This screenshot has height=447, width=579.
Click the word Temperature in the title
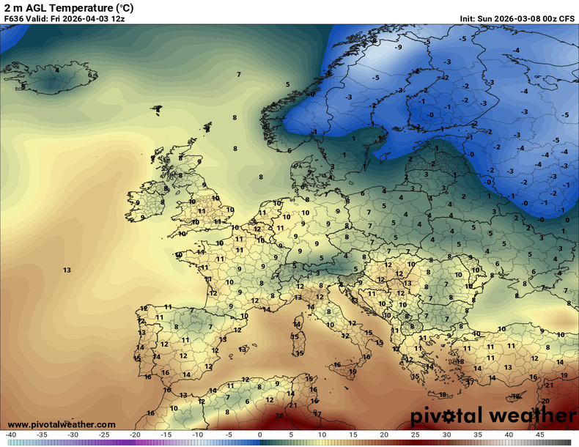tap(76, 7)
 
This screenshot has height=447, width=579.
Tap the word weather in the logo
tap(528, 416)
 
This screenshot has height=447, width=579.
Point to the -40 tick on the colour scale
tap(11, 435)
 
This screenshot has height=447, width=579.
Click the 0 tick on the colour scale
tap(260, 435)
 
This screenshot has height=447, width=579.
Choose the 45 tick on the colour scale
tap(540, 435)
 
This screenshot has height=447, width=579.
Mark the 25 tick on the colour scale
tap(416, 435)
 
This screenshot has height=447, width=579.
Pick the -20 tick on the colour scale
tap(136, 435)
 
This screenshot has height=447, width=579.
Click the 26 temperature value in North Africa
tap(279, 415)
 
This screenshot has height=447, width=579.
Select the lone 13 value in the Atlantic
tap(67, 270)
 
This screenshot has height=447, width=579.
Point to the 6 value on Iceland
tap(90, 74)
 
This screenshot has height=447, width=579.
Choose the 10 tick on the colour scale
tap(322, 435)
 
